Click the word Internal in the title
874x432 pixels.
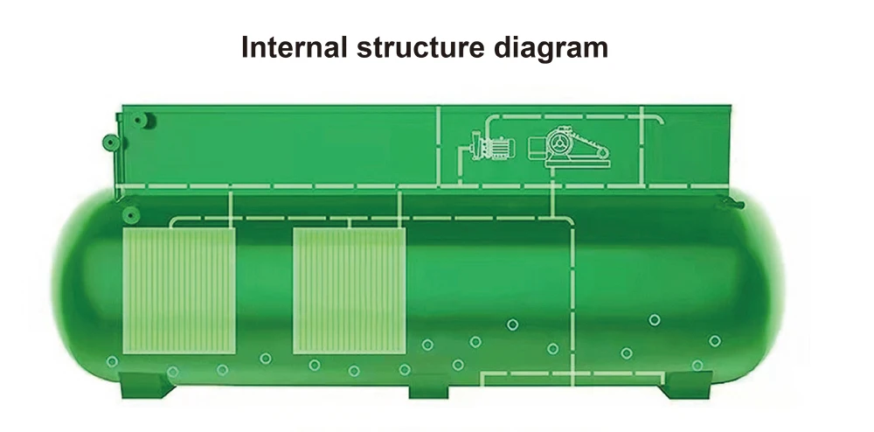293,48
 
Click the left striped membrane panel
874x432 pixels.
179,291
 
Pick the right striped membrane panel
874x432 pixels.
349,291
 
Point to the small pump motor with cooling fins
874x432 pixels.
495,149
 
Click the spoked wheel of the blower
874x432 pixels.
559,143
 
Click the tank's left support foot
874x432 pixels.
141,386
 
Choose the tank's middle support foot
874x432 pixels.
428,386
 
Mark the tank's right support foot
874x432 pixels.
686,386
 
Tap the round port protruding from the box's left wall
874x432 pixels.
109,141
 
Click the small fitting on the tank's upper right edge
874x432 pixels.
725,203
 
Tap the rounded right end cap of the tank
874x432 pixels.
769,289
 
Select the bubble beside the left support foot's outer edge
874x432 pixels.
112,361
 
